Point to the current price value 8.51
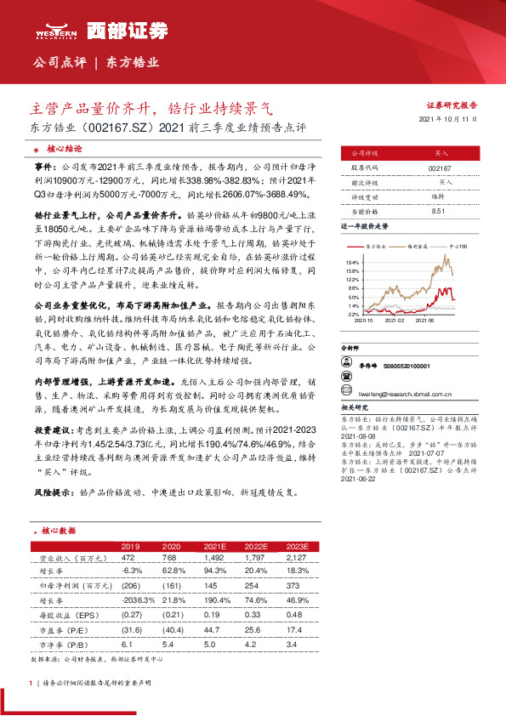point(441,209)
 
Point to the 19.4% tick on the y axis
point(353,264)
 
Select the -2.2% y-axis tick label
point(352,315)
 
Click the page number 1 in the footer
point(31,682)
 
